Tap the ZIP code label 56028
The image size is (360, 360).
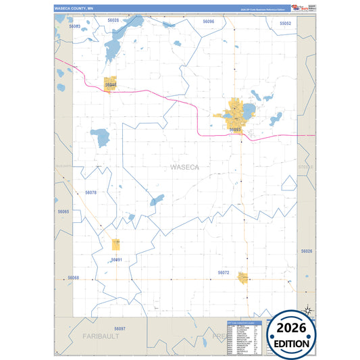(113, 21)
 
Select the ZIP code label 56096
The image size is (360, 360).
(208, 22)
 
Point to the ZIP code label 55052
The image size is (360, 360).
(285, 23)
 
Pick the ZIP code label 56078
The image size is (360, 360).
(91, 192)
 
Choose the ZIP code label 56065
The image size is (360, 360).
(63, 211)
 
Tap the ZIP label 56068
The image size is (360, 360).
(73, 278)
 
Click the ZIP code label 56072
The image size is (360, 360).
(224, 272)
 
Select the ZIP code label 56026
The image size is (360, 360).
(307, 251)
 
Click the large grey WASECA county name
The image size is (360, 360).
(184, 166)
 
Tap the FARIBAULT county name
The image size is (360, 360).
(101, 336)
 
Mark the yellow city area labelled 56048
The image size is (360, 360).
(111, 83)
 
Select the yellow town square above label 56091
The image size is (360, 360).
(116, 244)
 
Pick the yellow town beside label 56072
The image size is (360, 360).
(241, 278)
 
